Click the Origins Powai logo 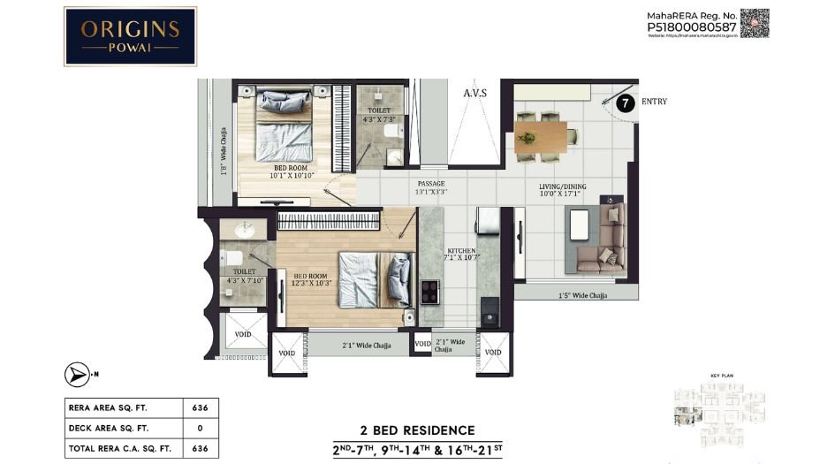coord(130,35)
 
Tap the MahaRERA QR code coord(755,23)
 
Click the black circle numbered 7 coord(626,103)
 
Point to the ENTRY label coord(654,102)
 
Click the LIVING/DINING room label coord(563,186)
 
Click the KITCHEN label coord(461,252)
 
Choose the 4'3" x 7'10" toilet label coord(244,277)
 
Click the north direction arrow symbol coord(79,374)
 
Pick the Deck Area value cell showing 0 coord(201,429)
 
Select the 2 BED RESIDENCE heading coord(418,430)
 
